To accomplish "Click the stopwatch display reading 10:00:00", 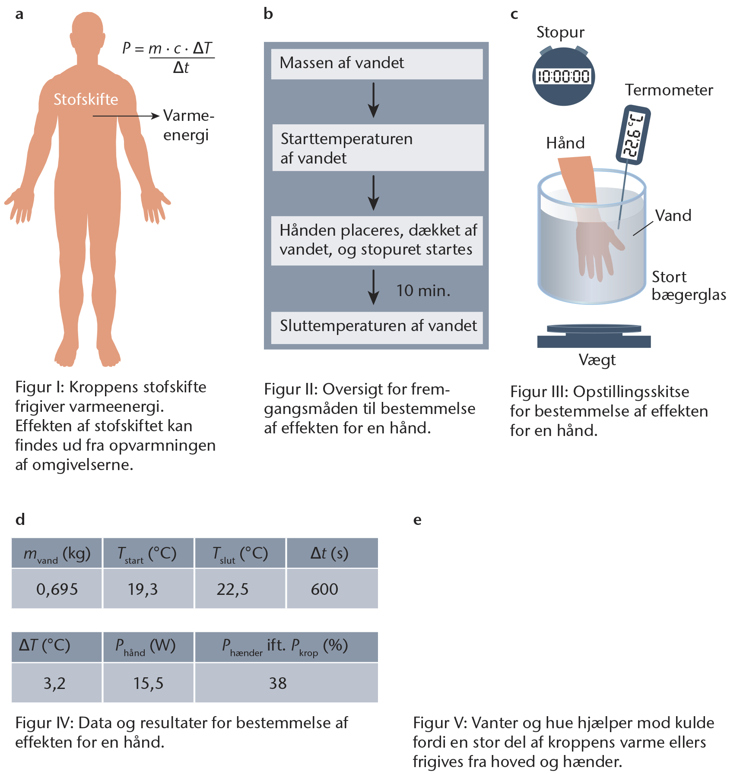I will point(563,77).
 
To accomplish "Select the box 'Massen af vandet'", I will point(377,63).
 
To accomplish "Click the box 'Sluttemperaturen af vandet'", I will point(377,327).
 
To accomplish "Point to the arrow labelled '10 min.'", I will point(374,287).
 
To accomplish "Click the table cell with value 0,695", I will point(57,589).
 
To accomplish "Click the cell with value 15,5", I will point(148,683).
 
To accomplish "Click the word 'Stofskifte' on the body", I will point(86,99).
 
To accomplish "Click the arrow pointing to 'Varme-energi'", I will point(126,116).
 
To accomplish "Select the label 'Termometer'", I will point(669,90).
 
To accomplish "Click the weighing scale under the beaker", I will point(594,337).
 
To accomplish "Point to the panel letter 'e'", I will point(417,520).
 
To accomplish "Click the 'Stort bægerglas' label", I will point(688,286).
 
